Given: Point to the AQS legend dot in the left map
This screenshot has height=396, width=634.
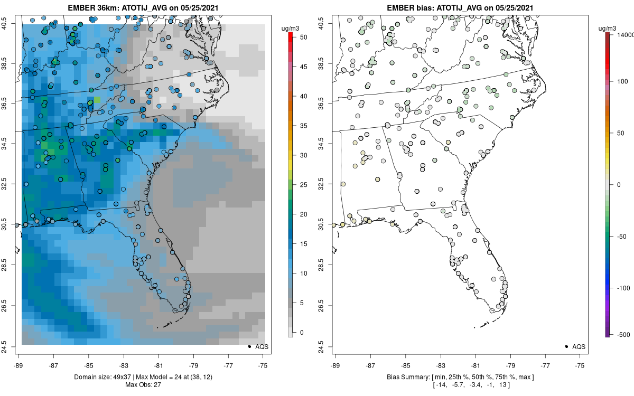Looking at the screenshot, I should click(249, 346).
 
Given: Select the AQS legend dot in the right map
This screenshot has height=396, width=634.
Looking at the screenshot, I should click(566, 346).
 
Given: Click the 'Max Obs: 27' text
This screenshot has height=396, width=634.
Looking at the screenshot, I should click(143, 384).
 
